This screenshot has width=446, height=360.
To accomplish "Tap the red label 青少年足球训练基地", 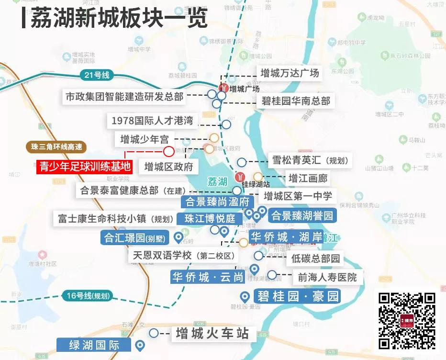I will click(85, 166).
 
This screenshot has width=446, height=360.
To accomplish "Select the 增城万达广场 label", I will click(290, 73).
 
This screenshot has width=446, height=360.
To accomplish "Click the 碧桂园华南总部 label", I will click(296, 101).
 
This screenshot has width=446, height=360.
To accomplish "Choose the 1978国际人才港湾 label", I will click(152, 120).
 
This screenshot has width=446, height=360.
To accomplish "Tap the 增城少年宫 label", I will click(145, 139).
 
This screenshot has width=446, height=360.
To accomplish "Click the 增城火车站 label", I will click(212, 333).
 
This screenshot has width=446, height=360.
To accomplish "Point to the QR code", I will click(407, 320).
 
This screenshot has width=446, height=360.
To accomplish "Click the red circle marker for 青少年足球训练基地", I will click(168, 152).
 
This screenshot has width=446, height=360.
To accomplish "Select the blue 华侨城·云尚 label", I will click(208, 277).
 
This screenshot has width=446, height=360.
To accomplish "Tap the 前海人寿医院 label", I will click(327, 277).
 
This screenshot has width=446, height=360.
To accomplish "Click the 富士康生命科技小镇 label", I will click(115, 219).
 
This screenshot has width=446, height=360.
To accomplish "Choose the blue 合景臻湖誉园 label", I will click(302, 216).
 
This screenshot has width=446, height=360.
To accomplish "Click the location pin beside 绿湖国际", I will click(140, 345).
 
